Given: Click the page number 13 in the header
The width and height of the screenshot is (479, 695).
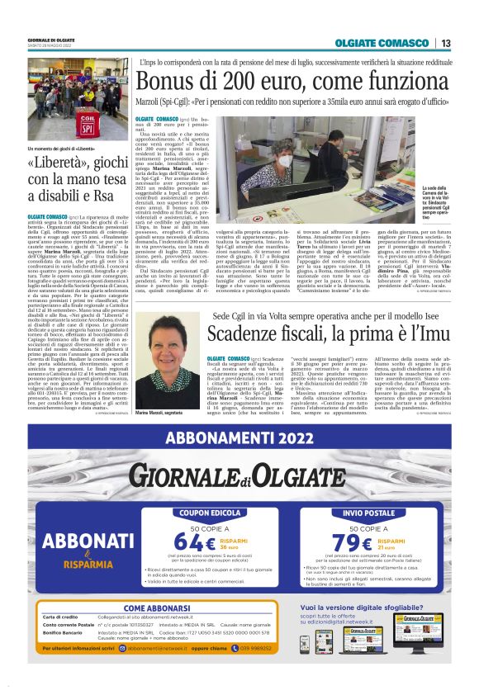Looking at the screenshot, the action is [445, 43].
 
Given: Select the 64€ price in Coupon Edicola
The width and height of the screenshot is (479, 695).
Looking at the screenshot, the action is [196, 541].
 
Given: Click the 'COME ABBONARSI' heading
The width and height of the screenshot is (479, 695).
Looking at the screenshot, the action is [157, 608].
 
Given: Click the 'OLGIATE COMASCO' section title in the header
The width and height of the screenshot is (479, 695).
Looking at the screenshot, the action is [382, 43].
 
